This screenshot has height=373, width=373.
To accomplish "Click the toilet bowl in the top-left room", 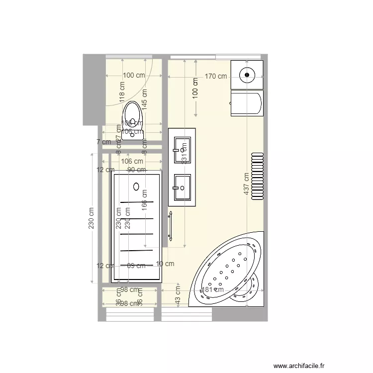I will coord(132,112).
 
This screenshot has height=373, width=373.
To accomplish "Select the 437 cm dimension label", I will coord(247,184).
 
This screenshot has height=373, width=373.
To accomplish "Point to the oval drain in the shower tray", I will coord(136,186).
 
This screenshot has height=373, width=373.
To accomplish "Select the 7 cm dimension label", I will coord(103,142).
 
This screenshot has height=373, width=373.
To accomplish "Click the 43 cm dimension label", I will coord(178,297).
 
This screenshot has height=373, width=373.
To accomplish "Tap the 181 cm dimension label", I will coord(212,290).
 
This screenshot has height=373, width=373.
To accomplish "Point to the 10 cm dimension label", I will coord(165,264).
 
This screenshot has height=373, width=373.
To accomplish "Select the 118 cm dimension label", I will coord(122,92).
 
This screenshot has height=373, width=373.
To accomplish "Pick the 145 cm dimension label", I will coord(145,99).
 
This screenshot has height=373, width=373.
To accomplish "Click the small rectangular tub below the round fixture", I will coord(246,104).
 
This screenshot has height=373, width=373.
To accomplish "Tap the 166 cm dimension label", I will coord(145,200).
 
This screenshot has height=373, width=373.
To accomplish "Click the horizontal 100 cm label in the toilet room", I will coord(134,76).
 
